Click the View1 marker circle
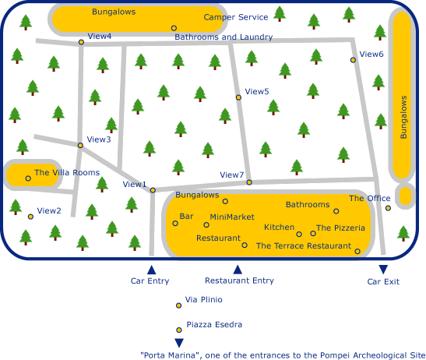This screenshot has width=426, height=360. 153,190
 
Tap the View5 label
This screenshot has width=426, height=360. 257,91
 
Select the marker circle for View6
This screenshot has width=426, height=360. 353,60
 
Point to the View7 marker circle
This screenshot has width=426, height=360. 249,182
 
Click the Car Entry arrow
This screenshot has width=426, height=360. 152,270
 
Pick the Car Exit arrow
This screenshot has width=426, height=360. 383,270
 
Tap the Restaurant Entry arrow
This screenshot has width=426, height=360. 238,270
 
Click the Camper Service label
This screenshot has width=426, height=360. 236,17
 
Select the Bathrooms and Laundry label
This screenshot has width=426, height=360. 224,37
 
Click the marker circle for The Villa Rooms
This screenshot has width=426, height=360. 28,178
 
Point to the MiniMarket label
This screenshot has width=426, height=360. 232,217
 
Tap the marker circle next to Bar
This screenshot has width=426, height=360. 175,223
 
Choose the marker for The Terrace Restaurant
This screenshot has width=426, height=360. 357,251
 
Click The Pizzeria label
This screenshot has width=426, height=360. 340,228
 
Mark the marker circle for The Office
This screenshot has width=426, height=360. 389,208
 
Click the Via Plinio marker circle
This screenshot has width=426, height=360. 178,305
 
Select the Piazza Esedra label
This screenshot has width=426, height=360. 214,324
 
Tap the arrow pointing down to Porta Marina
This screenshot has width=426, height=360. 179,343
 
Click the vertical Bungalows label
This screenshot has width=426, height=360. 403,117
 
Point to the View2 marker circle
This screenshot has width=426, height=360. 30,217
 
